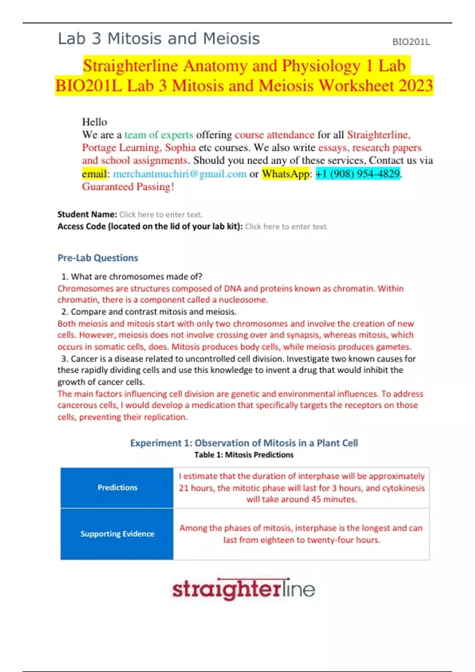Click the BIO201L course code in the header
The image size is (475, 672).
411,42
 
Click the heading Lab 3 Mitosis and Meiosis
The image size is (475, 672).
159,39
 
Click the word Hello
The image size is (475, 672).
94,122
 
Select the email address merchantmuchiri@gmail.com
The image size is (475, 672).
180,174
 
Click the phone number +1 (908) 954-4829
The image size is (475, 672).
357,174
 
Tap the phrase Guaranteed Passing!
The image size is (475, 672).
128,187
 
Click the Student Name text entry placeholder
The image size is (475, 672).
161,215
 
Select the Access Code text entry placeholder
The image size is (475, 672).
287,227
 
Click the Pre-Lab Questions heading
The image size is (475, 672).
98,258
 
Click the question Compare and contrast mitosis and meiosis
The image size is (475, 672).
153,311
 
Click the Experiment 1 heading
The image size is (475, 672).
244,443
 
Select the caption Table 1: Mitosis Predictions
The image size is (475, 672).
244,455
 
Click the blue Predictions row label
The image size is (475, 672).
117,488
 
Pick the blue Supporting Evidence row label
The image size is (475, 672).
117,534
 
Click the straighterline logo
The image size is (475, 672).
244,589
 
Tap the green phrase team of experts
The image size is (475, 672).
159,135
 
